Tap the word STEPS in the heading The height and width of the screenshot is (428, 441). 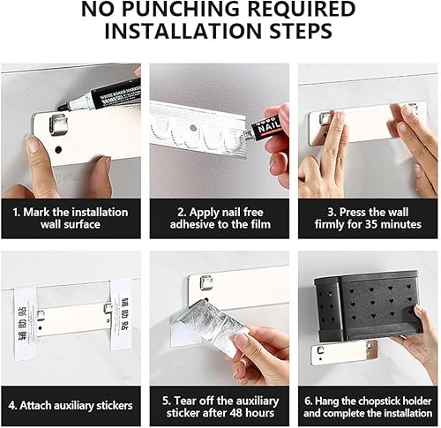click(302, 30)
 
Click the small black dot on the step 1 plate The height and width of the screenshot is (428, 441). click(58, 150)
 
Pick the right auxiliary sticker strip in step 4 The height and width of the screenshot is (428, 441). click(122, 315)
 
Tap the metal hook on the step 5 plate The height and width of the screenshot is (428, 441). click(206, 282)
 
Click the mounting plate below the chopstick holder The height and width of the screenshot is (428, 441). click(344, 352)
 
